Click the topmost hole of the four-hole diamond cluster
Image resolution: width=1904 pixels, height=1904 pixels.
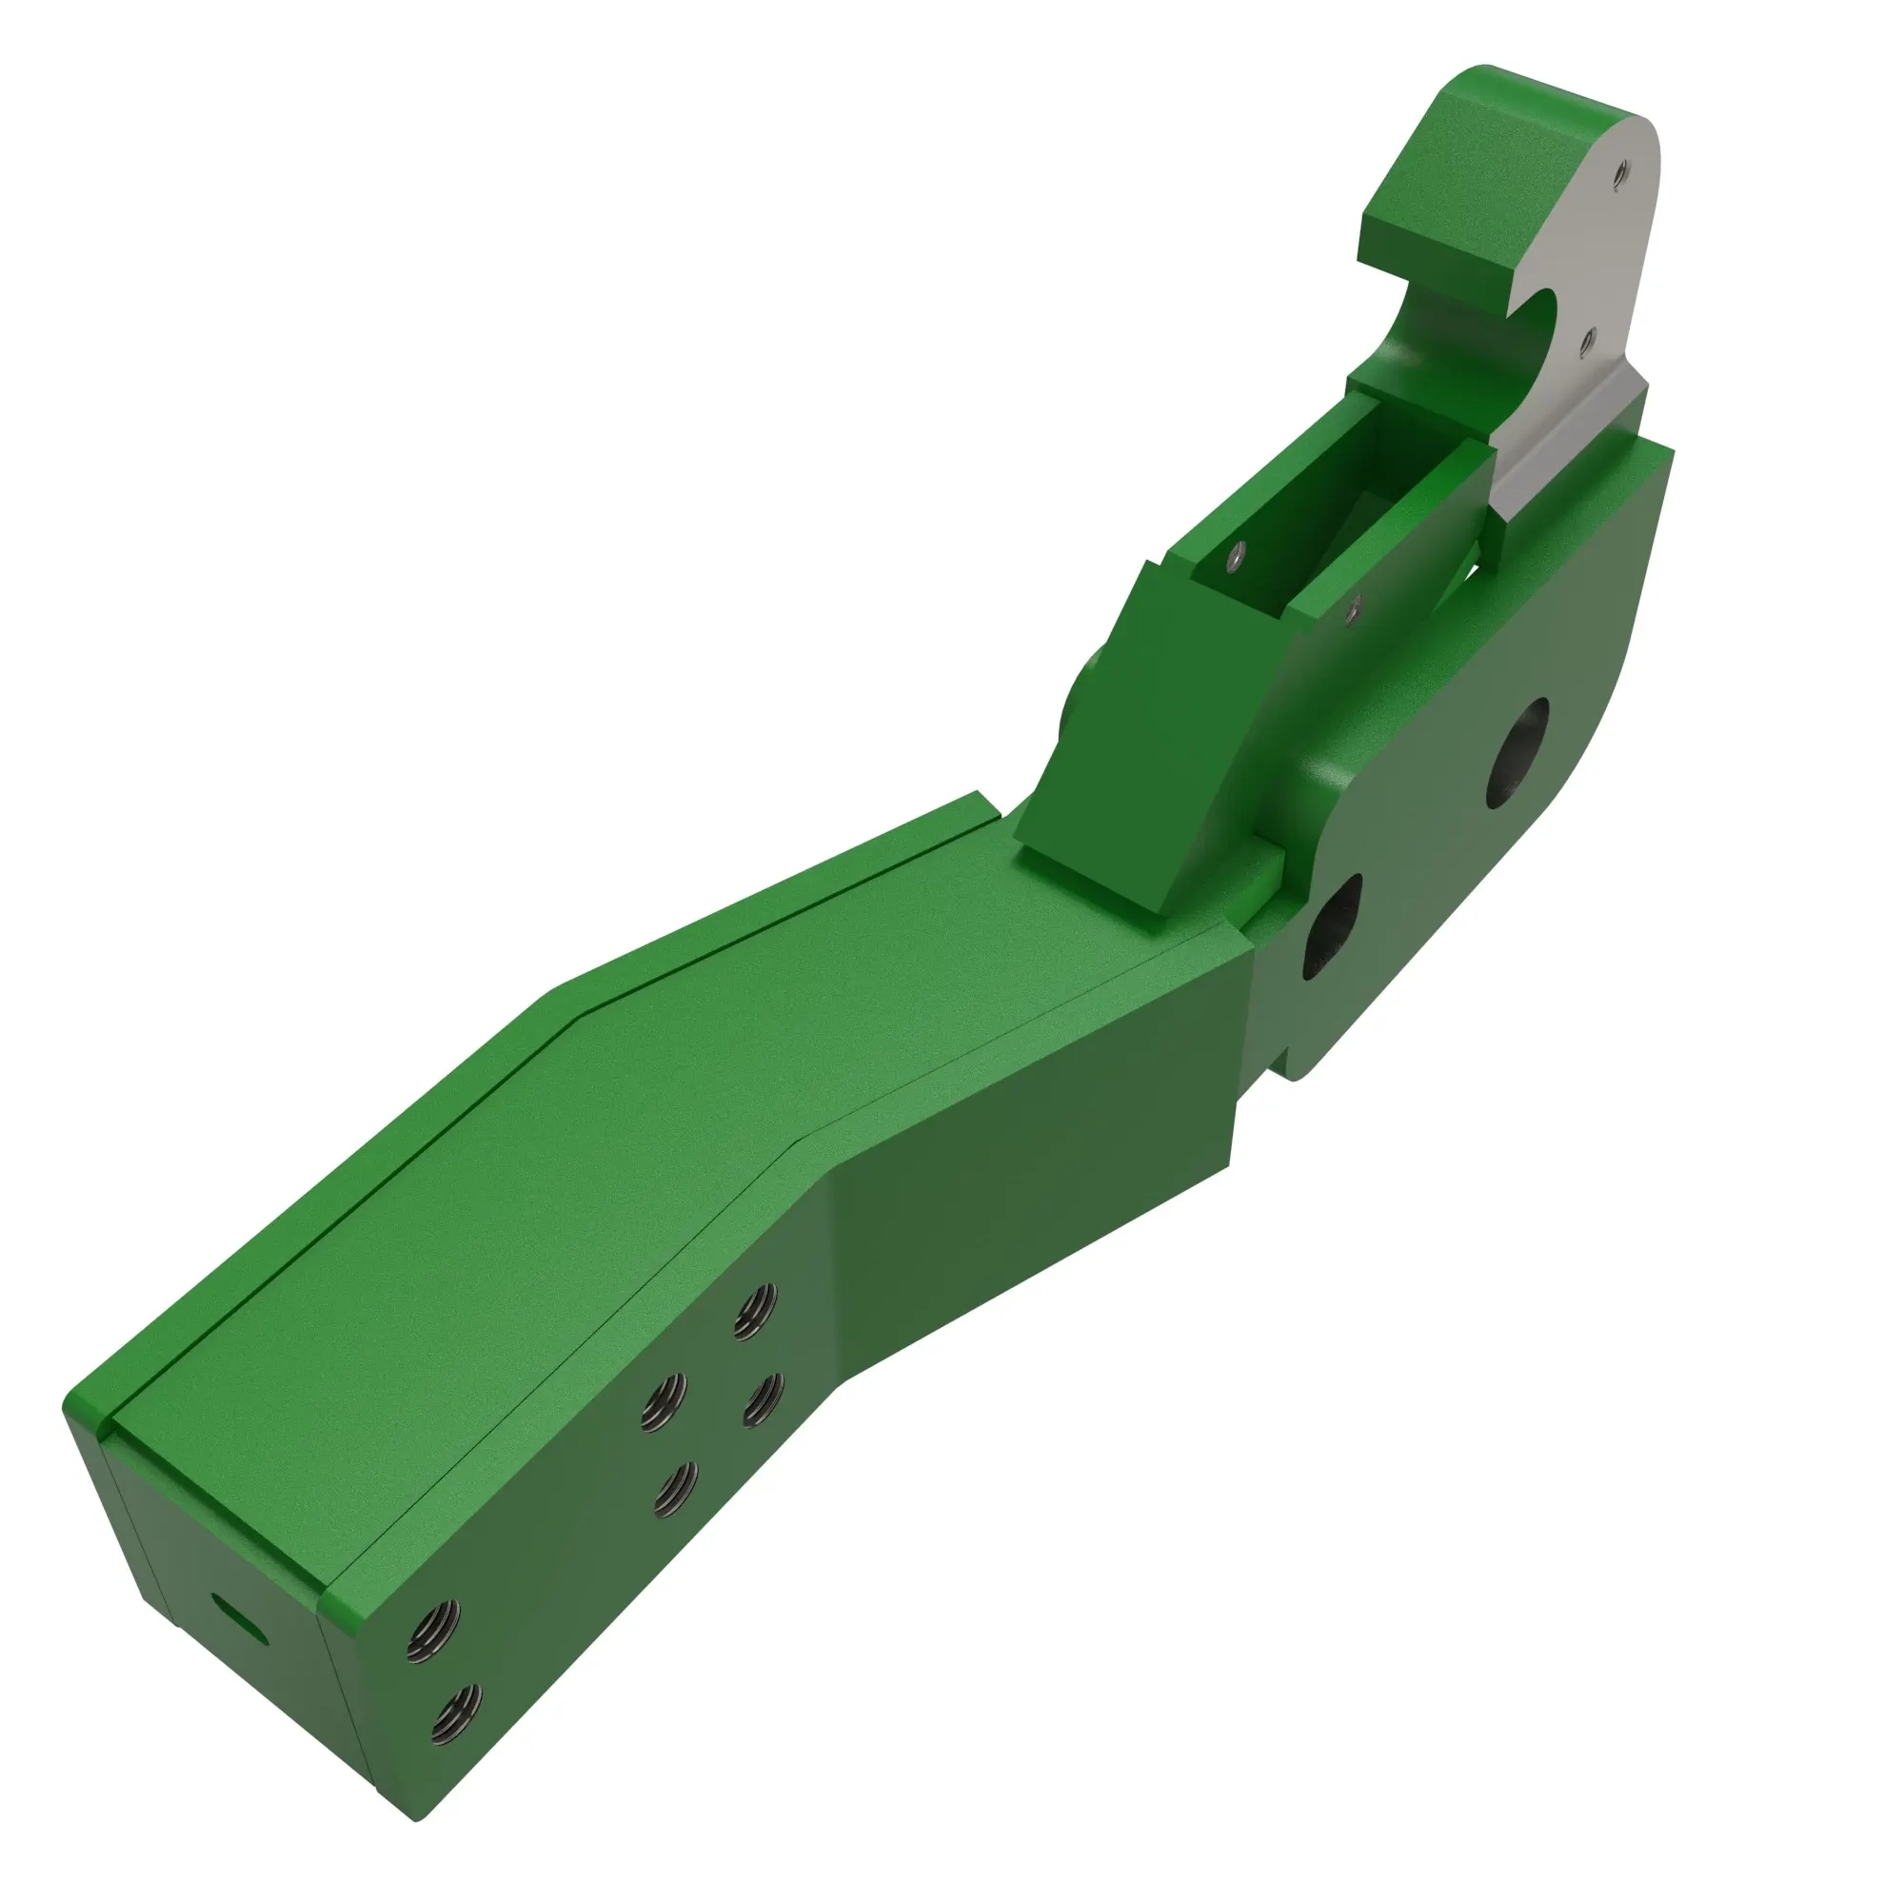click(x=756, y=1313)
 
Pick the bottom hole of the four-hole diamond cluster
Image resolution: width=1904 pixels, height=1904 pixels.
click(x=676, y=1489)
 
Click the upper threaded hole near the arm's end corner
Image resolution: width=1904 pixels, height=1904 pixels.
click(x=435, y=1633)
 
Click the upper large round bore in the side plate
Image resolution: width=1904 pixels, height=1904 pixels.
click(x=1518, y=753)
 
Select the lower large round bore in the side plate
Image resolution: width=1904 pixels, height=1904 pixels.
click(x=1333, y=925)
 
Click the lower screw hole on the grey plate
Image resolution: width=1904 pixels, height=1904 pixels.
click(x=1588, y=341)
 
